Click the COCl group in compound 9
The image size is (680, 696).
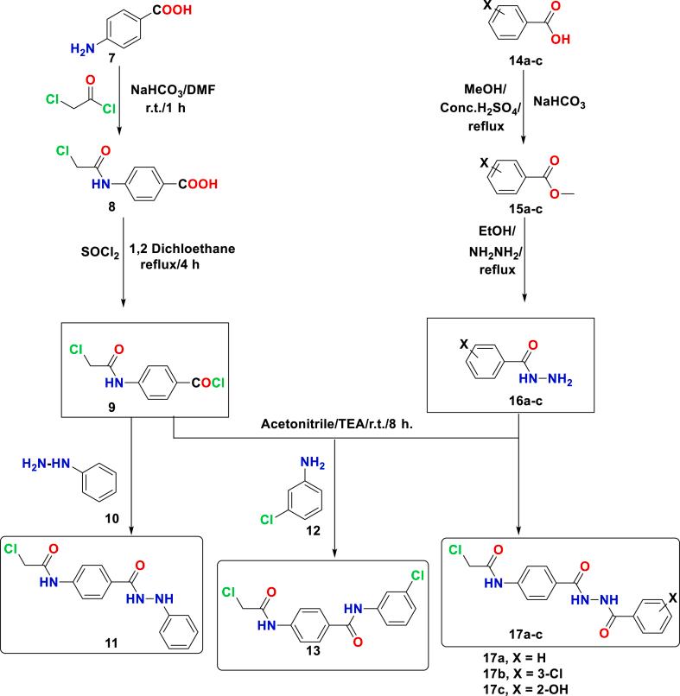click(x=207, y=376)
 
